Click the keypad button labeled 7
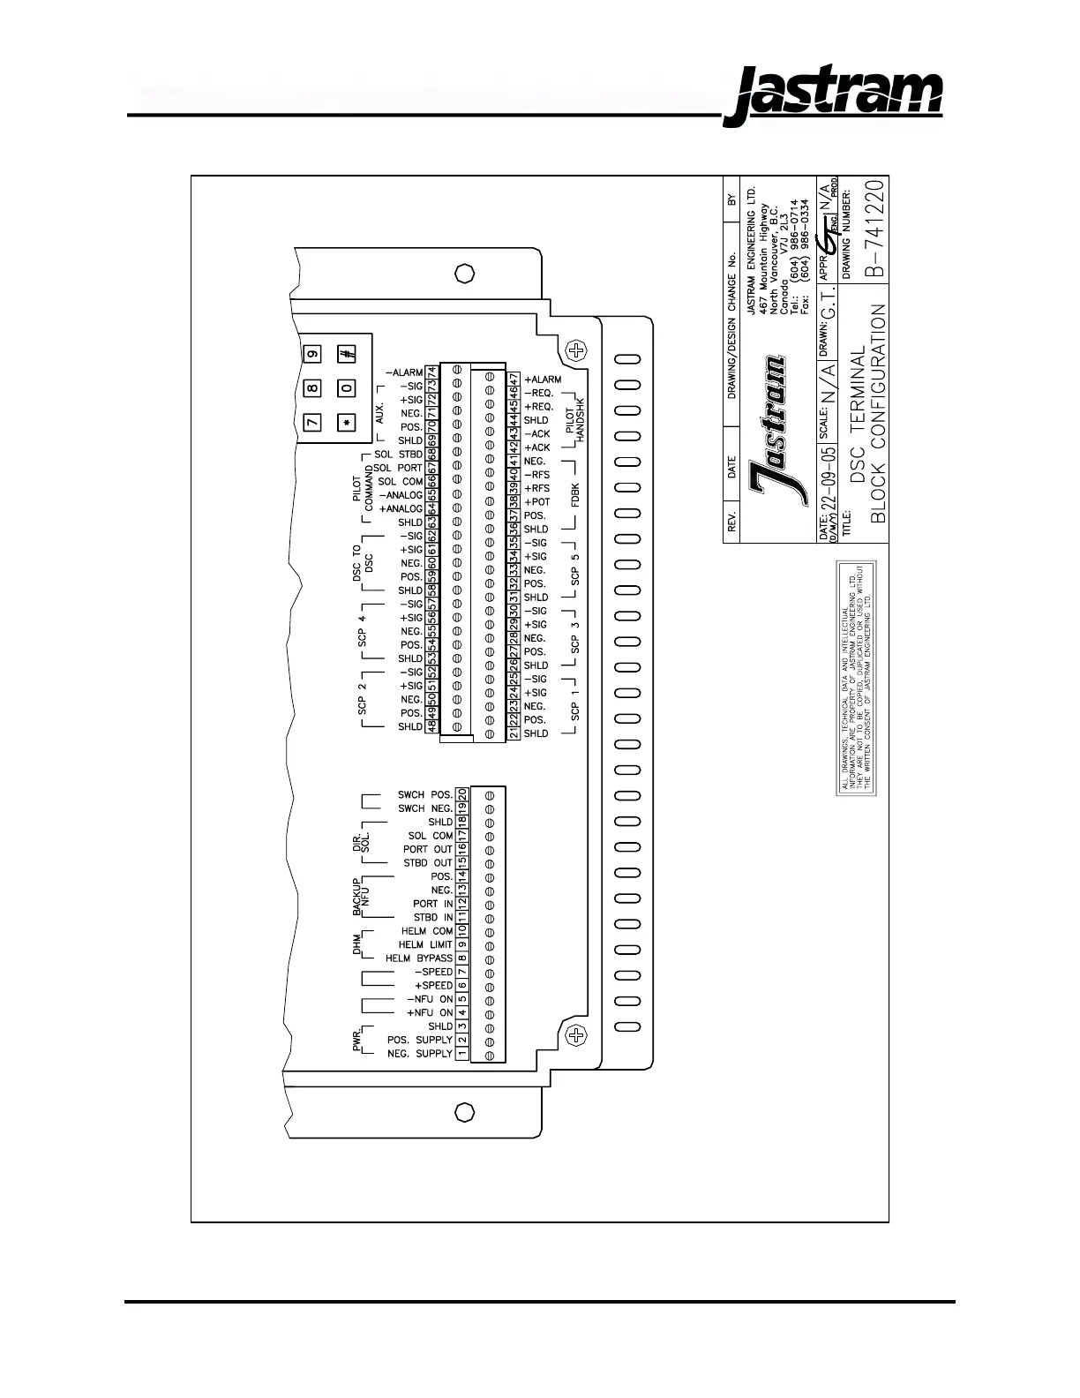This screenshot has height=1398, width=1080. [311, 422]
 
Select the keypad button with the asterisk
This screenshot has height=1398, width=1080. [347, 422]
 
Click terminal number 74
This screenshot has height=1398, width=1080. [431, 373]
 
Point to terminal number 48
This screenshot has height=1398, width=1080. [431, 726]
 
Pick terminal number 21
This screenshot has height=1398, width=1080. [514, 733]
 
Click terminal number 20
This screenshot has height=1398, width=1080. [461, 794]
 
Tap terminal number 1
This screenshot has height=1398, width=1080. [461, 1053]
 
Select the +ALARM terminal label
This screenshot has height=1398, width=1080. [543, 380]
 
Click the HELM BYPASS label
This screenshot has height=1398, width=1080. [419, 958]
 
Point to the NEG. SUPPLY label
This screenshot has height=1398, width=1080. [420, 1053]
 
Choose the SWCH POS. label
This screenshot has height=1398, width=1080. [425, 794]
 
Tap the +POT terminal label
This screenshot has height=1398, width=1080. [537, 502]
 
